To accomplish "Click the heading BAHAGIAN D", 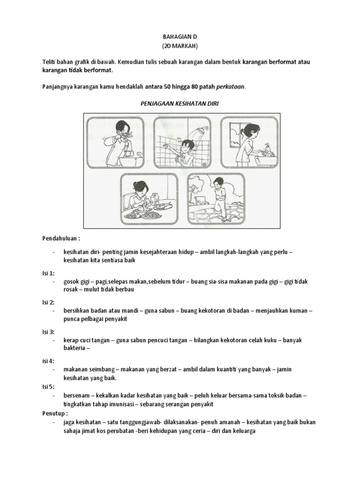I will (x=180, y=37).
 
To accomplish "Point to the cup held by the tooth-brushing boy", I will (x=129, y=153).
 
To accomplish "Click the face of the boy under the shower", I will (x=188, y=145).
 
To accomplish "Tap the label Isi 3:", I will (x=48, y=331).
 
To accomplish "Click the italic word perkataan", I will (x=229, y=87).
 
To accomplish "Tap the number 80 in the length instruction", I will (x=195, y=87).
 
